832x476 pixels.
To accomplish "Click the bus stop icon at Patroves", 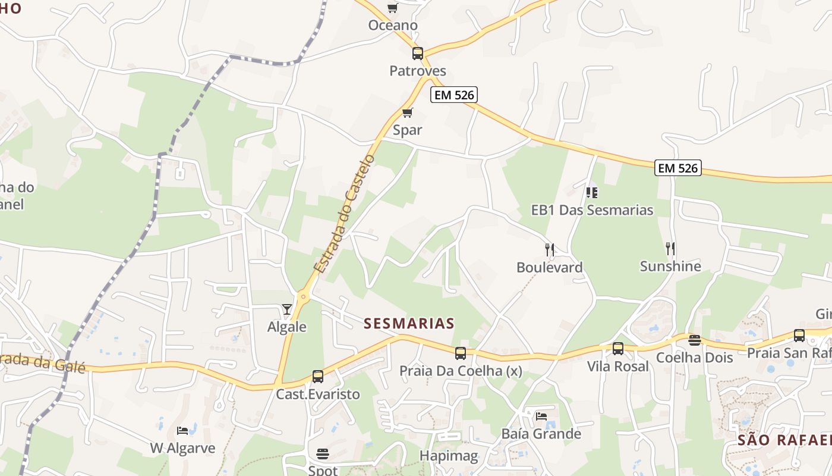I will pyautogui.click(x=418, y=54).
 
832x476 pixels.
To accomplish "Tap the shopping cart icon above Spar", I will pyautogui.click(x=408, y=112).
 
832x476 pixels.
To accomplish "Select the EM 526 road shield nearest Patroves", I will pyautogui.click(x=454, y=95).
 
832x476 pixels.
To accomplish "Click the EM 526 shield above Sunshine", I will pyautogui.click(x=678, y=168).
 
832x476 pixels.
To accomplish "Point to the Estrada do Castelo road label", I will pyautogui.click(x=345, y=214).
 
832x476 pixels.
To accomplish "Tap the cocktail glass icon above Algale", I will pyautogui.click(x=287, y=309).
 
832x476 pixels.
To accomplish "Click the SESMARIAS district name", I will pyautogui.click(x=409, y=323).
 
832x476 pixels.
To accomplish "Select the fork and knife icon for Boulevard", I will pyautogui.click(x=550, y=249).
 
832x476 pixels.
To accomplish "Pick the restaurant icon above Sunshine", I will pyautogui.click(x=670, y=248).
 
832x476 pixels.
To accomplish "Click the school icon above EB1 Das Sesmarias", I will pyautogui.click(x=592, y=192).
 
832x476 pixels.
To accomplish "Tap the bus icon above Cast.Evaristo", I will pyautogui.click(x=318, y=377).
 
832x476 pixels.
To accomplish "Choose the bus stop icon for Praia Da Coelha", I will pyautogui.click(x=461, y=353).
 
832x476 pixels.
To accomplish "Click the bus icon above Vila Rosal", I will pyautogui.click(x=618, y=349).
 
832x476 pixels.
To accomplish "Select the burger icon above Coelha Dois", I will pyautogui.click(x=694, y=340).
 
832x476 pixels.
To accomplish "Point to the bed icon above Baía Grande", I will pyautogui.click(x=541, y=416).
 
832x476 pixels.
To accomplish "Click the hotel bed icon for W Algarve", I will pyautogui.click(x=182, y=430).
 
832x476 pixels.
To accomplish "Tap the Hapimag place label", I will pyautogui.click(x=449, y=456).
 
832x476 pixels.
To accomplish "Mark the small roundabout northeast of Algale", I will pyautogui.click(x=304, y=296).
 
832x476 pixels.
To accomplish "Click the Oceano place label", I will pyautogui.click(x=393, y=26).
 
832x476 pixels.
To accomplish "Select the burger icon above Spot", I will pyautogui.click(x=323, y=454).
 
